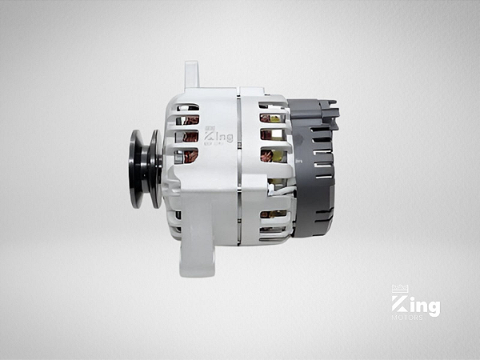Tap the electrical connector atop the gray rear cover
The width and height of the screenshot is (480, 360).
point(328,112)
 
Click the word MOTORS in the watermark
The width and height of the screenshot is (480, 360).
point(408,318)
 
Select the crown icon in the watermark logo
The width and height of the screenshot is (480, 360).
point(399,289)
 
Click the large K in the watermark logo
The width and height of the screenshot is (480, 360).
point(399,305)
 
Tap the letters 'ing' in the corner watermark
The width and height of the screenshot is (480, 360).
point(424,306)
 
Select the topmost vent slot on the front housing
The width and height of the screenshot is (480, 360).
point(188,106)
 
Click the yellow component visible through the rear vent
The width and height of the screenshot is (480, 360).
point(276,155)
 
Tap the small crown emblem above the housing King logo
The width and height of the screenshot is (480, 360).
point(210,128)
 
